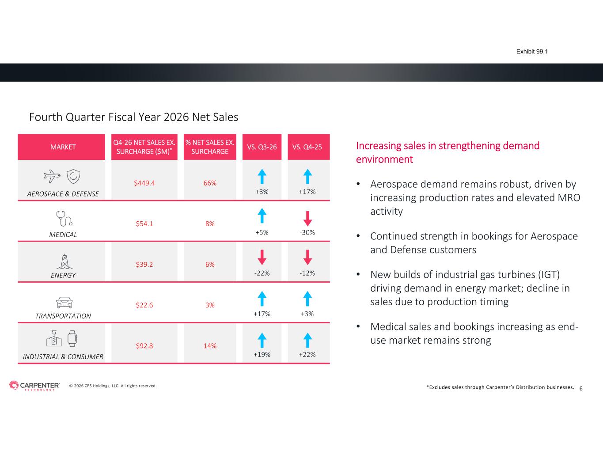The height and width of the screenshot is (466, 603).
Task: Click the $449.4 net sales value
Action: click(144, 183)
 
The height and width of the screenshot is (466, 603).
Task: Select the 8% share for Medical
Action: click(210, 224)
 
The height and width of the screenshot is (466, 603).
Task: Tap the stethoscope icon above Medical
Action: click(64, 219)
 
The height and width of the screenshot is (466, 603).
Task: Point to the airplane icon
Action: click(52, 176)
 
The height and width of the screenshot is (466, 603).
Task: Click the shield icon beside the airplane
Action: click(73, 176)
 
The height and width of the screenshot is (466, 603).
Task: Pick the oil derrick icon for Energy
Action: click(64, 261)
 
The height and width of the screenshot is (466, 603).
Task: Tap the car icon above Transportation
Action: click(64, 302)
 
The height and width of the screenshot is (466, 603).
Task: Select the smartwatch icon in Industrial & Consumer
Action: click(72, 338)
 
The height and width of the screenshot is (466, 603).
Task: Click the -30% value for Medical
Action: click(307, 232)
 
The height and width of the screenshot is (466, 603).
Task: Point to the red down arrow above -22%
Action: click(262, 257)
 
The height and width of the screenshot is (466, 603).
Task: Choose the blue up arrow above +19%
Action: click(262, 341)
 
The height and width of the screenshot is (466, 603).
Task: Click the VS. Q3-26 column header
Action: click(262, 147)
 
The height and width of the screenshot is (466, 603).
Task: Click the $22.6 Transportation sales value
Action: click(144, 305)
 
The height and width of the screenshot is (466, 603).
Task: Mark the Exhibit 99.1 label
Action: click(532, 52)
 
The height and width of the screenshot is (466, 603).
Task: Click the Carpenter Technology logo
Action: click(34, 386)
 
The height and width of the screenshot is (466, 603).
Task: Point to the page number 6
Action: click(581, 389)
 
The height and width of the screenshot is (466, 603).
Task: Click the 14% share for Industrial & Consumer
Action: click(210, 346)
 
